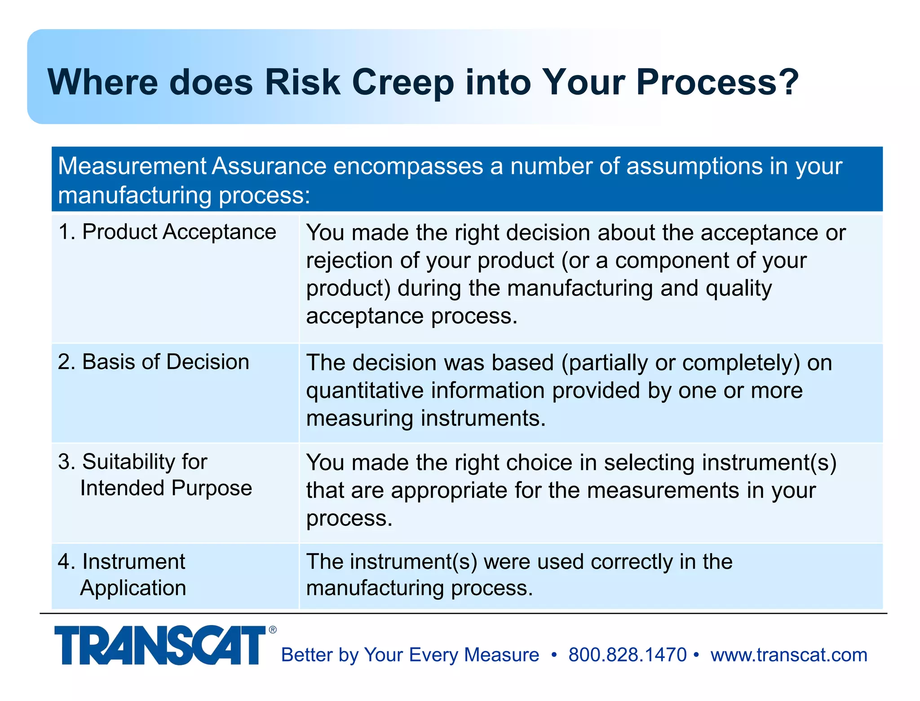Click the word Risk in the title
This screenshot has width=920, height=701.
302,82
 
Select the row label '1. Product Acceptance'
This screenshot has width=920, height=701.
167,232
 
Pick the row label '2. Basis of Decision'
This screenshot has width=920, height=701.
154,362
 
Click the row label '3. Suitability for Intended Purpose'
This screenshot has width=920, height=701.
155,475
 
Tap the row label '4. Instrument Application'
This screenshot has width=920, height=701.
122,575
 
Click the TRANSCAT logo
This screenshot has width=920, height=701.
160,645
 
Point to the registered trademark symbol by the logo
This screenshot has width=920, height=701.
273,630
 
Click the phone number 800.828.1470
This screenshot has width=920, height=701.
628,655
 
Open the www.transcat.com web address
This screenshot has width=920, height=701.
789,655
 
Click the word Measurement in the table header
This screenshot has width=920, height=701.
132,166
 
